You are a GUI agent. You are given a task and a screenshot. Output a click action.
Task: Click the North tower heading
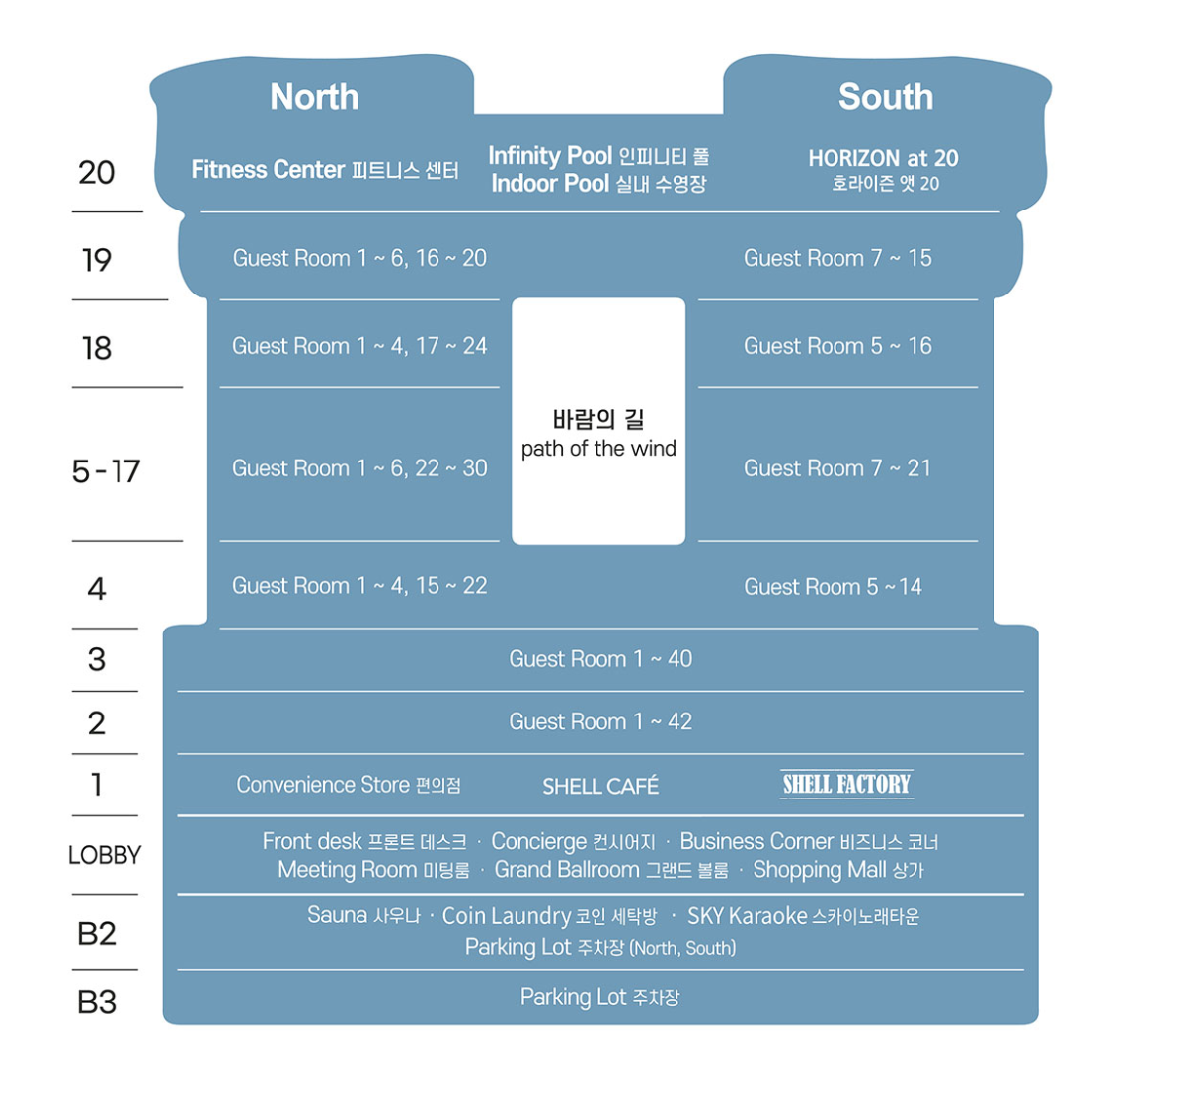click(x=314, y=97)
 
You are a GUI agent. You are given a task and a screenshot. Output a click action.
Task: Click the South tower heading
click(x=885, y=97)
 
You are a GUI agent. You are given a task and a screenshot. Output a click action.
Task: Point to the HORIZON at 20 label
click(x=883, y=158)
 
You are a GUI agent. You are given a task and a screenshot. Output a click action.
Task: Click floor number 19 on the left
click(x=97, y=260)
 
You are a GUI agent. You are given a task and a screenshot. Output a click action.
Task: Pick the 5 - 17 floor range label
click(x=106, y=471)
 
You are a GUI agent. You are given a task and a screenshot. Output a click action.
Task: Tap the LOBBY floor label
click(x=105, y=855)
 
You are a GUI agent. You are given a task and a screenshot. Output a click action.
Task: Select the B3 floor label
click(x=97, y=1002)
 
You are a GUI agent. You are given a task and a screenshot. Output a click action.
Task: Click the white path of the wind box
click(x=598, y=422)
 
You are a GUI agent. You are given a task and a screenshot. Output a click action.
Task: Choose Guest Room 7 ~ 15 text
click(x=837, y=258)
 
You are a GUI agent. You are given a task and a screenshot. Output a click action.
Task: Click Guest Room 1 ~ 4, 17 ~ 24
click(x=359, y=346)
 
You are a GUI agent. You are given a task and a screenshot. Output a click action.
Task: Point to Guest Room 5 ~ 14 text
click(x=833, y=587)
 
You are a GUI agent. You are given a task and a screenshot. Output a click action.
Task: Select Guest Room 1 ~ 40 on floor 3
click(x=600, y=659)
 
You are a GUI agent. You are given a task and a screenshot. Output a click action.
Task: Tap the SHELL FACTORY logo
click(x=846, y=785)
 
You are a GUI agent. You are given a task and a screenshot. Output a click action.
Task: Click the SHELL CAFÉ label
click(x=600, y=787)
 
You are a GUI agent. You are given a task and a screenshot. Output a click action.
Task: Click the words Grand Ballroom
click(x=567, y=870)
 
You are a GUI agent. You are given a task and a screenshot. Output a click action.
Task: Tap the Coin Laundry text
click(x=507, y=916)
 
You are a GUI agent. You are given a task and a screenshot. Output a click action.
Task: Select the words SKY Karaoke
click(x=748, y=916)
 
